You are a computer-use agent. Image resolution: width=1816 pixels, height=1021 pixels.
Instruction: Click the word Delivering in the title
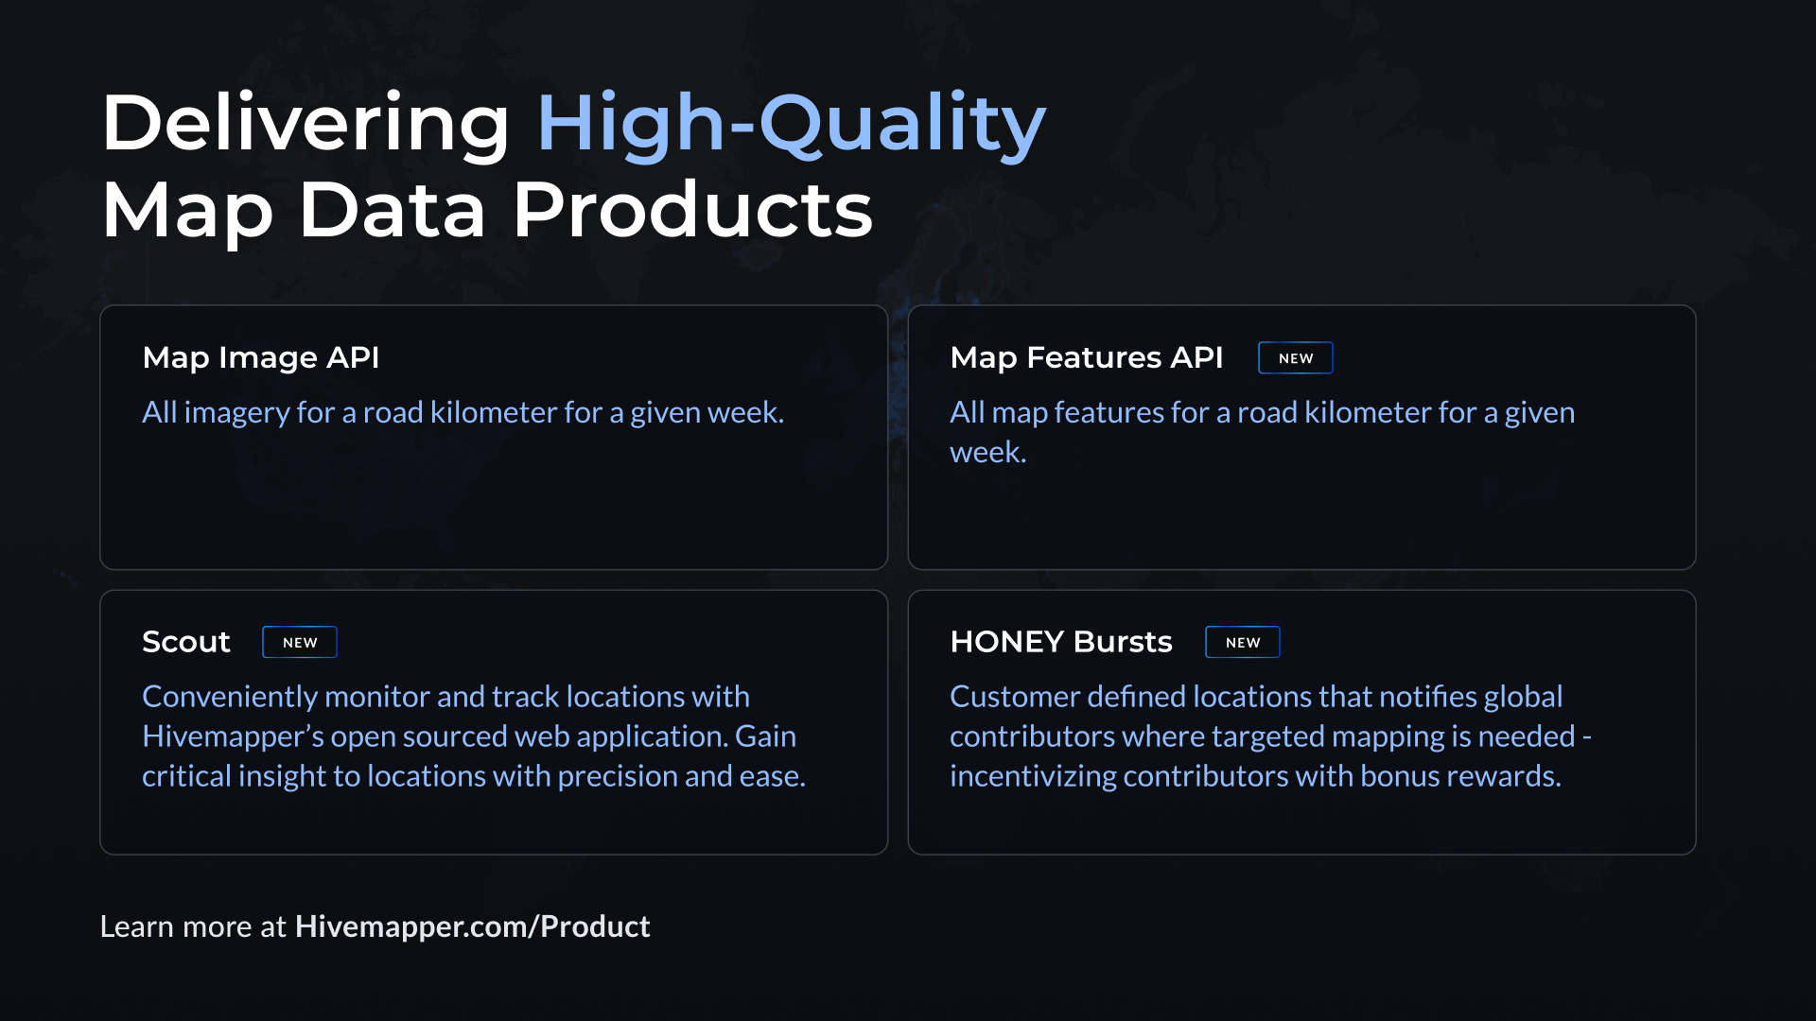click(306, 124)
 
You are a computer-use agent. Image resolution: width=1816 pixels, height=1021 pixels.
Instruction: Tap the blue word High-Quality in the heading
click(791, 124)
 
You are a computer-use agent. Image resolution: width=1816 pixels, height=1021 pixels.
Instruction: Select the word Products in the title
click(692, 210)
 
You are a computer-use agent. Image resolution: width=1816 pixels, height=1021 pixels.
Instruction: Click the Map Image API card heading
click(261, 357)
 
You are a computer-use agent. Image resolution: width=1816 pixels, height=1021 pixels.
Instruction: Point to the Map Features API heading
click(1086, 357)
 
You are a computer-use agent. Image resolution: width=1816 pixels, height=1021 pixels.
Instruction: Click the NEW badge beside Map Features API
click(1296, 358)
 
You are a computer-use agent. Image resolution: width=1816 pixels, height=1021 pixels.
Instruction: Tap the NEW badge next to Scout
click(300, 643)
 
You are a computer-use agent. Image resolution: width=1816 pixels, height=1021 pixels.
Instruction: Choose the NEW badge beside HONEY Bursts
click(1243, 643)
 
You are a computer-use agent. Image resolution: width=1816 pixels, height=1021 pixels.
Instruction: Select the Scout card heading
click(186, 642)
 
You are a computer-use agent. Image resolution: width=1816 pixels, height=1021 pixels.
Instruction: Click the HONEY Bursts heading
click(1061, 642)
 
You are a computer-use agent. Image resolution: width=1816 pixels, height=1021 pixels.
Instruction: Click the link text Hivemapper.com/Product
click(473, 926)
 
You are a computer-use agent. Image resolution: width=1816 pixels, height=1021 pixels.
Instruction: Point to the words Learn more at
click(193, 926)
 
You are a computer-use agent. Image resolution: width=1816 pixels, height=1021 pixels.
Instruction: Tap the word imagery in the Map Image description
click(236, 413)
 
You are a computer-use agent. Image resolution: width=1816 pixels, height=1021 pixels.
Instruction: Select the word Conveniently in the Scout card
click(230, 697)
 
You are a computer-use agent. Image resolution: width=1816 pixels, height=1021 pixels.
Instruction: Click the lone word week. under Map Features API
click(988, 453)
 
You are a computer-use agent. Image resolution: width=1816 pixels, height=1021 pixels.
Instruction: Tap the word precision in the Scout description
click(617, 776)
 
